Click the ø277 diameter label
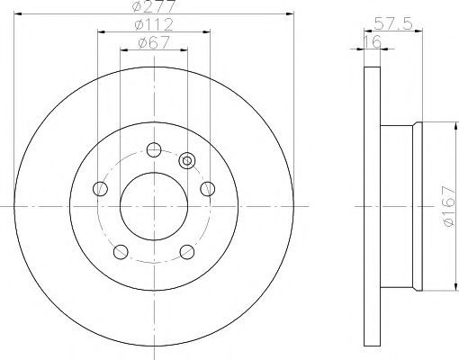point(153,6)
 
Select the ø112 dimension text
point(154,24)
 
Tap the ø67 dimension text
point(154,42)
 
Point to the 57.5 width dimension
point(393,23)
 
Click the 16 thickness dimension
point(373,41)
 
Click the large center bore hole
point(154,206)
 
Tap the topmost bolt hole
point(154,149)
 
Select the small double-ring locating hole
point(187,161)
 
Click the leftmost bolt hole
point(100,189)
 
